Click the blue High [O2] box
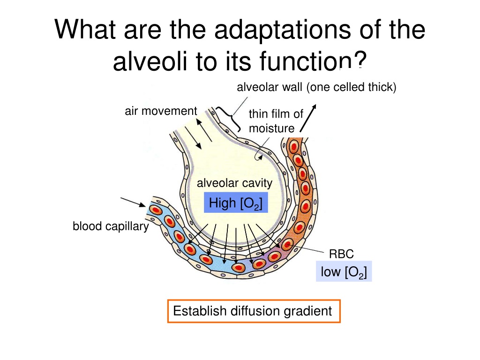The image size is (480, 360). point(236,202)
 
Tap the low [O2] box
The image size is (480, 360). point(344,271)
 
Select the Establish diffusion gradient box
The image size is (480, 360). point(254,311)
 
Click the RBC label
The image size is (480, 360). point(341,254)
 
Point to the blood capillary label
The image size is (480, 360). point(111,226)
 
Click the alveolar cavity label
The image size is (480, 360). point(234,183)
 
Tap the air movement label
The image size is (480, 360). point(161,111)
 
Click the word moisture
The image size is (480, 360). point(271,128)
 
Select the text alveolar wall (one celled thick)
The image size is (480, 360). point(316,87)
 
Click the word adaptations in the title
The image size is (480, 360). point(283,30)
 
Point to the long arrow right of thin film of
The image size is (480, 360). point(308,118)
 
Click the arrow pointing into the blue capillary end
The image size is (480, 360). point(133,202)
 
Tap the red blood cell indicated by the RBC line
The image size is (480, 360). point(287,245)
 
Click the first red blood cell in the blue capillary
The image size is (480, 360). point(156,210)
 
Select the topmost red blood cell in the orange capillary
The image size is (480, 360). point(294,146)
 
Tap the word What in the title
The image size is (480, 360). point(85,30)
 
